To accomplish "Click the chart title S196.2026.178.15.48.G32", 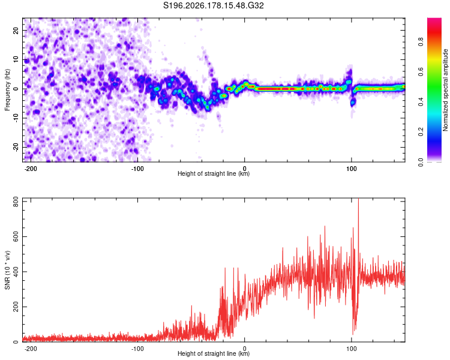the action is click(x=213, y=5).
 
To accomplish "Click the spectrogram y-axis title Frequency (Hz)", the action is click(x=7, y=90).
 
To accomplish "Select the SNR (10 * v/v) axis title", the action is click(x=7, y=270).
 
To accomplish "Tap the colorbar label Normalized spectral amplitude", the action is click(x=445, y=90).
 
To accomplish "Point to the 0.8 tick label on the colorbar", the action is click(x=421, y=42).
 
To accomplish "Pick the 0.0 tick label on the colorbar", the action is click(x=421, y=162).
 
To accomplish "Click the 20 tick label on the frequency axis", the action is click(x=16, y=30).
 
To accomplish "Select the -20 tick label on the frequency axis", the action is click(x=16, y=148).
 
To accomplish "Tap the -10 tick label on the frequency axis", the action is click(x=16, y=118).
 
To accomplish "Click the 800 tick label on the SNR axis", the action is click(x=16, y=202).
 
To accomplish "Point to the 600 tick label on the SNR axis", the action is click(x=16, y=237).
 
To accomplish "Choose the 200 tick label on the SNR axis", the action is click(x=16, y=307).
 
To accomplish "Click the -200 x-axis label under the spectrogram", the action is click(x=30, y=169).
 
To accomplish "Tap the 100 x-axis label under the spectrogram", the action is click(x=351, y=169).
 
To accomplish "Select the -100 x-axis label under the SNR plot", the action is click(x=137, y=349).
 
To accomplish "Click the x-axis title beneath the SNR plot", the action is click(x=214, y=353).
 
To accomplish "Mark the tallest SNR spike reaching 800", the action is click(x=358, y=199).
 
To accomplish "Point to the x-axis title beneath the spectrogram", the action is click(x=214, y=173).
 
